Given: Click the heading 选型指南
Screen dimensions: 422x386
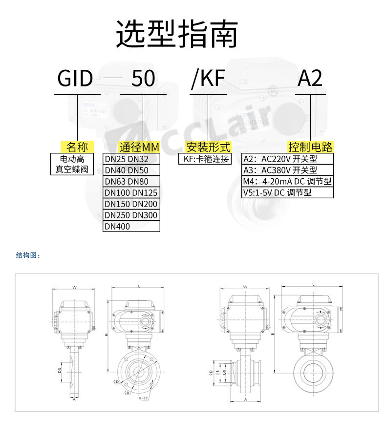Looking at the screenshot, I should (177, 34).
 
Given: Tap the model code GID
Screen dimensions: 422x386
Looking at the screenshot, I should (75, 78).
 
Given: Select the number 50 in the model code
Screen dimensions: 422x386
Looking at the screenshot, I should (143, 78).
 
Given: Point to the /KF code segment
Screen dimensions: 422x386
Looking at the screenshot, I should (208, 78).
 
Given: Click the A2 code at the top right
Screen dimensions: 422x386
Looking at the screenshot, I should (310, 78).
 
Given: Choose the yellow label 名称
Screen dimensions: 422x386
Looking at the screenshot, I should (77, 147).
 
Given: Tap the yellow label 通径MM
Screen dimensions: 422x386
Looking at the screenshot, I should (139, 147).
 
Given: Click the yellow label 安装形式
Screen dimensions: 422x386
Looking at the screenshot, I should (208, 147).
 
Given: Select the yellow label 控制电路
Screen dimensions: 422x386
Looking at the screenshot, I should (310, 147).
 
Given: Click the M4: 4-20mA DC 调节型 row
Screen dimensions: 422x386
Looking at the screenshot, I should (288, 182).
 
